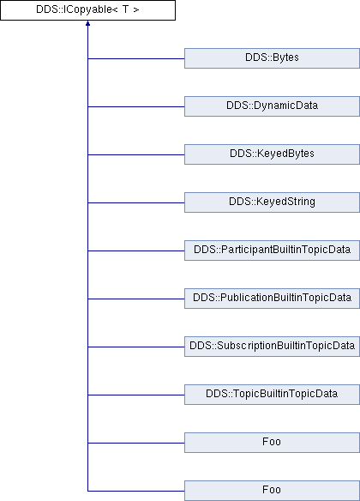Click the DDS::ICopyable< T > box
87,10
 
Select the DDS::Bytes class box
272,58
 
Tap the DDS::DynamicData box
272,106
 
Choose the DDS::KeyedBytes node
272,154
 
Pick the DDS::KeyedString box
272,202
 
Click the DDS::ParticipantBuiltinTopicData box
272,250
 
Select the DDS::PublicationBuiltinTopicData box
272,299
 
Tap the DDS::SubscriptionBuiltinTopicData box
272,347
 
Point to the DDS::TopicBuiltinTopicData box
272,395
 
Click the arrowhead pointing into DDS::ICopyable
87,23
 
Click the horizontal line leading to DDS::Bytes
136,59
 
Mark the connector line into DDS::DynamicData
136,106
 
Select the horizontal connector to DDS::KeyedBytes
136,155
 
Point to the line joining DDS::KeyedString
136,203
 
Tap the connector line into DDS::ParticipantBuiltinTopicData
136,250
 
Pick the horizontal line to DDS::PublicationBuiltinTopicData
136,299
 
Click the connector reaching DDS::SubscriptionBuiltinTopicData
136,347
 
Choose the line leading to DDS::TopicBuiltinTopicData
136,395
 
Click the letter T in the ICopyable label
125,9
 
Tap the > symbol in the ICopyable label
136,10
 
